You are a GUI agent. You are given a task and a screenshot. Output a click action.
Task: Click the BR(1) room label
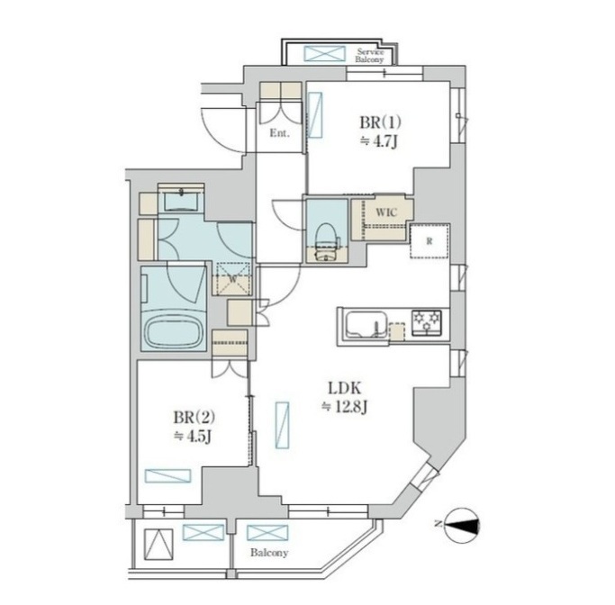(x=380, y=122)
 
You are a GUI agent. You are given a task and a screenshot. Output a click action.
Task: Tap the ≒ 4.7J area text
(x=379, y=141)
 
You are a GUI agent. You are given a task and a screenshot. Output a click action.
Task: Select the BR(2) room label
(x=194, y=418)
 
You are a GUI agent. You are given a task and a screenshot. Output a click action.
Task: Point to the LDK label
(x=344, y=389)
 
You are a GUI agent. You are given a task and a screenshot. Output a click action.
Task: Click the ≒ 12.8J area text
(x=344, y=408)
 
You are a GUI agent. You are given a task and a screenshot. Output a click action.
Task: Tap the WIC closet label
(x=386, y=212)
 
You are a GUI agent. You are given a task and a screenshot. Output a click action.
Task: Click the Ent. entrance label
(x=279, y=133)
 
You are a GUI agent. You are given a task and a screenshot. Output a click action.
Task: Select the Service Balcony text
(x=369, y=56)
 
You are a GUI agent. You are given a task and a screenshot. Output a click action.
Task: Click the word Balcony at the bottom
(x=269, y=553)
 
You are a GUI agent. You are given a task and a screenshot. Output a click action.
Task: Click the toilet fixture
(x=326, y=241)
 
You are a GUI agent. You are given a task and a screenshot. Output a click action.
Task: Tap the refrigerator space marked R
(x=430, y=241)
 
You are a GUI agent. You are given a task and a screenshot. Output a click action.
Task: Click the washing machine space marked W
(x=232, y=279)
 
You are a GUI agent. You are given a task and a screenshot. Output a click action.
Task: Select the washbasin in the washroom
(x=180, y=201)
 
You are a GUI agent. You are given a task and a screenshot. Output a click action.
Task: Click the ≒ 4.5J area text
(x=193, y=437)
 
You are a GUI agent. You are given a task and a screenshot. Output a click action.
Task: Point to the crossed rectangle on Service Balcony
(x=325, y=54)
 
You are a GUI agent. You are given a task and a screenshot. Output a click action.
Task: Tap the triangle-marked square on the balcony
(x=158, y=544)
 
